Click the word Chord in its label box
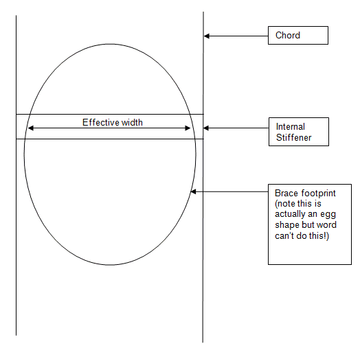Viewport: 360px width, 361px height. click(288, 35)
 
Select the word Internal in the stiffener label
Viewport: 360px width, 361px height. click(291, 127)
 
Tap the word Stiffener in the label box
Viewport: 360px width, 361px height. click(293, 137)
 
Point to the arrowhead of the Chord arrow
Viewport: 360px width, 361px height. click(207, 36)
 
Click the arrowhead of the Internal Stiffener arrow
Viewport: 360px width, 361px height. click(206, 128)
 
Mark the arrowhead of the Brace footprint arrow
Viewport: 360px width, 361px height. click(193, 191)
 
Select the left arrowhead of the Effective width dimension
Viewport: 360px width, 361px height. click(30, 128)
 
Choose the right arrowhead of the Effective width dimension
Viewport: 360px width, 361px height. click(188, 128)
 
